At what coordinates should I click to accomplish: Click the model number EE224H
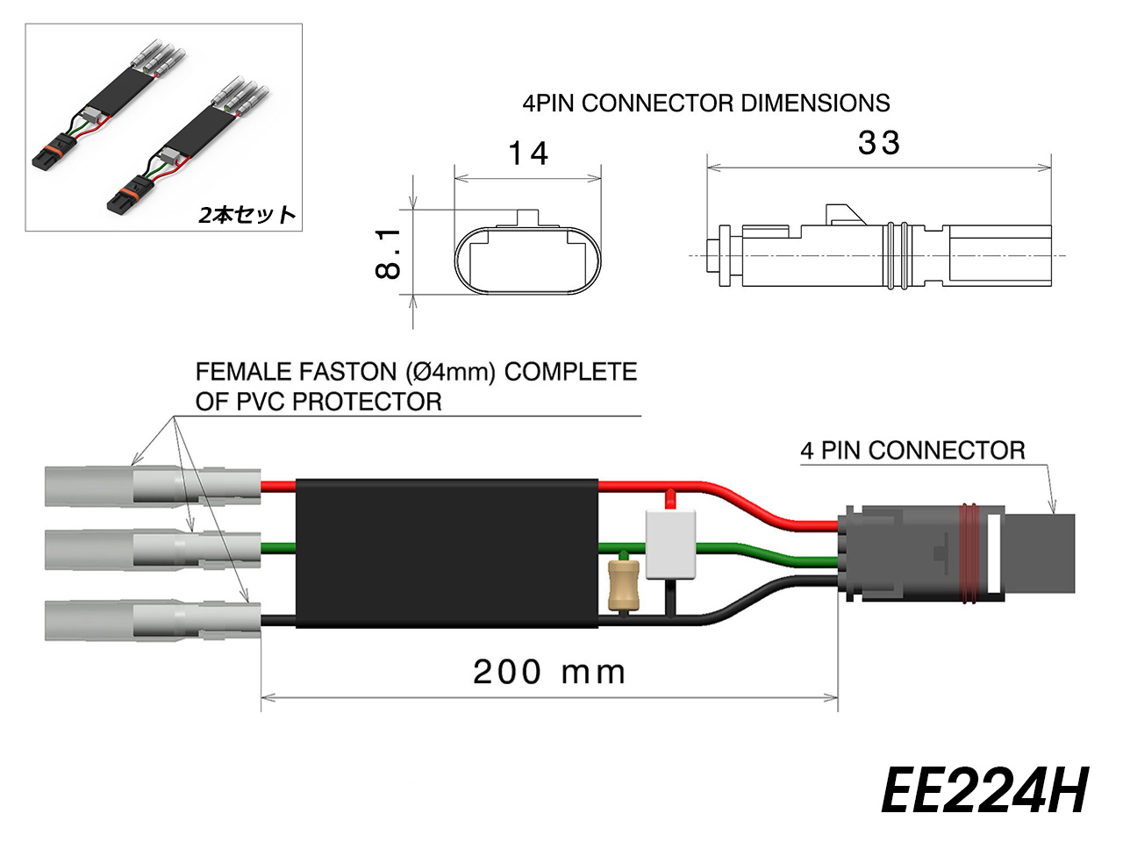(x=984, y=791)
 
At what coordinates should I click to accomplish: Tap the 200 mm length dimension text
(x=549, y=673)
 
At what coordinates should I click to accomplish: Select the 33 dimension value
(x=878, y=143)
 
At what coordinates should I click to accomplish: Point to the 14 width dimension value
(x=528, y=153)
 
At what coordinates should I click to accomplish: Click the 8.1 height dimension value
(x=388, y=253)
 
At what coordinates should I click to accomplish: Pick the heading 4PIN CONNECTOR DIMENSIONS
(x=706, y=103)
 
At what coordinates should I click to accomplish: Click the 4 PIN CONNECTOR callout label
(x=912, y=451)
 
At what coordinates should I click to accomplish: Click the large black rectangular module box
(x=447, y=553)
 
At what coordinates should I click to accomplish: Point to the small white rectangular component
(x=670, y=545)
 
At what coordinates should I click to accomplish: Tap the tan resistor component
(x=623, y=584)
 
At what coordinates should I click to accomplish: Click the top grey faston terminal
(x=152, y=486)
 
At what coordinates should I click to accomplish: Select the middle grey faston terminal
(x=152, y=550)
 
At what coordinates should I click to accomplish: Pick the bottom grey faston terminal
(x=152, y=620)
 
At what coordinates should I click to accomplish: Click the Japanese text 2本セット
(x=247, y=215)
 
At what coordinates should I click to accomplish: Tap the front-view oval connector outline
(x=527, y=260)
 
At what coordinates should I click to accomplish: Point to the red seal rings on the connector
(x=969, y=553)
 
